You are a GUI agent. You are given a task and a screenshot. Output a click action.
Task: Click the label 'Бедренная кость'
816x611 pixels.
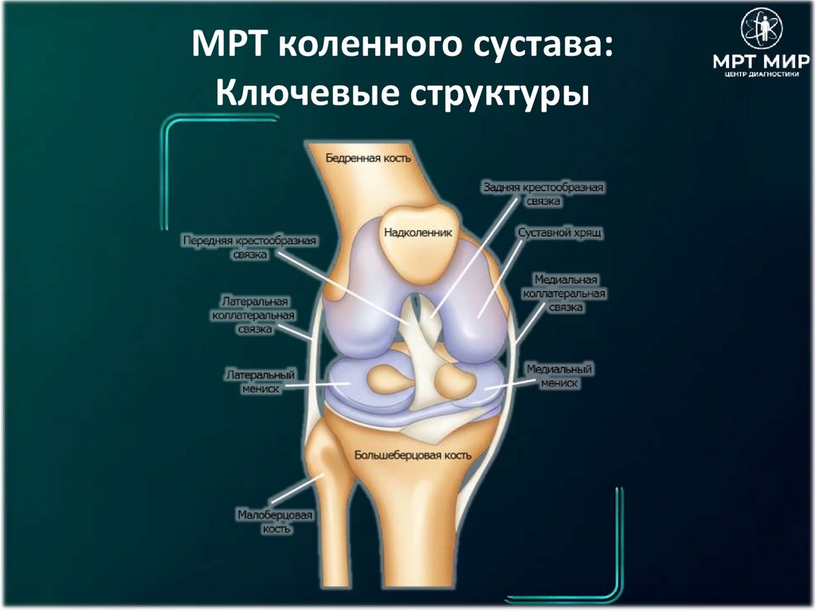click(368, 158)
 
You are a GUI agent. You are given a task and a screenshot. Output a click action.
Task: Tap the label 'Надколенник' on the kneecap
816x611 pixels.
click(418, 233)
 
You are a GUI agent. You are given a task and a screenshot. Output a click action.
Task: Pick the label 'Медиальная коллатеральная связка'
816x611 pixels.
click(565, 294)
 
